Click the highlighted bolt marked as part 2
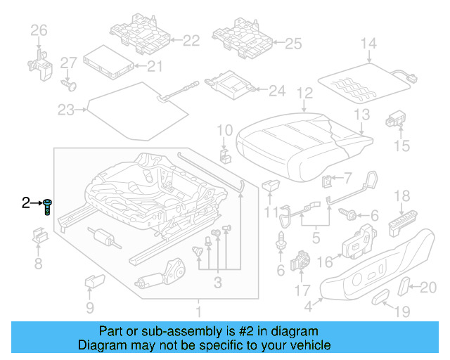[47, 207]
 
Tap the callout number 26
[39, 30]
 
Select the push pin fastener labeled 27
[67, 84]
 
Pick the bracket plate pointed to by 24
[231, 87]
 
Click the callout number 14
[368, 44]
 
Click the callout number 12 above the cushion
[304, 93]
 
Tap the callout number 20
[428, 286]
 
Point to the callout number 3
[218, 283]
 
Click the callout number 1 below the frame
[198, 311]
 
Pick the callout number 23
[65, 110]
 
